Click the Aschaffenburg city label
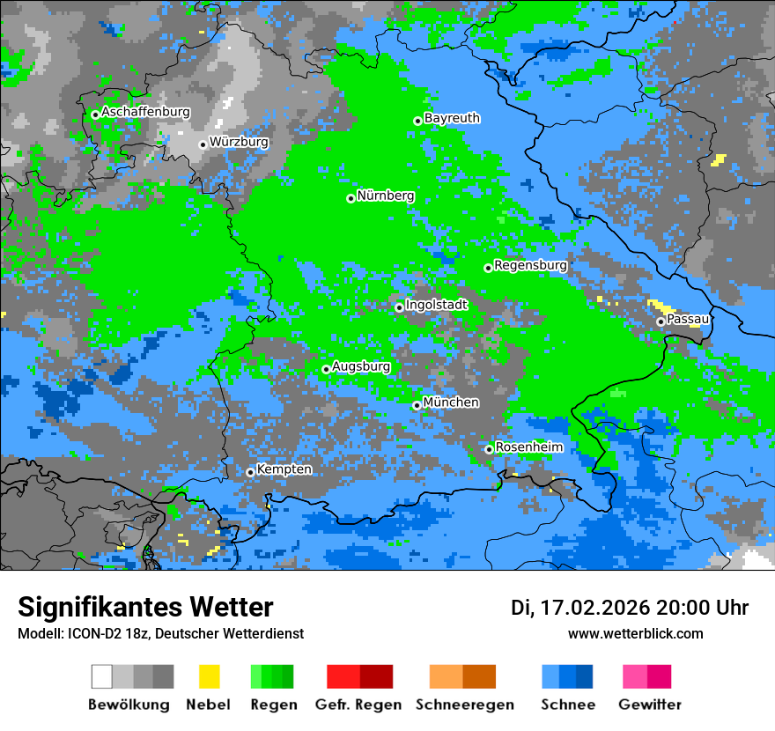145,112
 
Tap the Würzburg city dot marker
203,144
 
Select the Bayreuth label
452,117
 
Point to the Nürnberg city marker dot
351,198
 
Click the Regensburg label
530,264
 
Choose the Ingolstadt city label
436,305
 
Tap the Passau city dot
661,321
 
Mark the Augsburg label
361,366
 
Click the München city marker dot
417,405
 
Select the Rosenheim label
528,447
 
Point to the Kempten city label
284,469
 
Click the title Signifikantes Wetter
145,607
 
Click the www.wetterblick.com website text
635,633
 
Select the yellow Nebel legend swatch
209,676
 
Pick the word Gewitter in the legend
650,705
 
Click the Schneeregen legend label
465,705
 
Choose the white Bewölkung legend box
102,676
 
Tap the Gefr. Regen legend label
358,705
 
